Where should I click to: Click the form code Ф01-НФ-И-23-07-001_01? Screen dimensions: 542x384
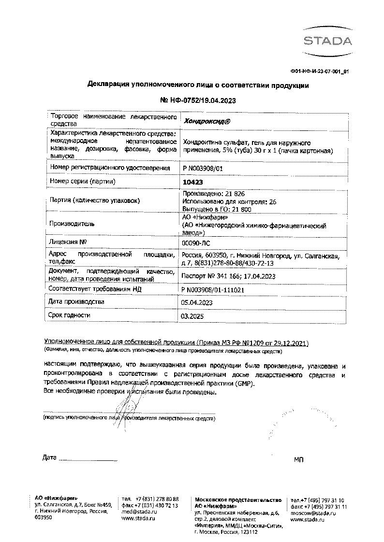click(319, 71)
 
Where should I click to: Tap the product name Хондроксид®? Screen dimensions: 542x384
click(205, 121)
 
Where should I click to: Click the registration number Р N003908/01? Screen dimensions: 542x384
click(202, 168)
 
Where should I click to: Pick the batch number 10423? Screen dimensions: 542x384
click(193, 182)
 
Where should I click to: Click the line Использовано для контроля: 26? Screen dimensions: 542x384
click(228, 201)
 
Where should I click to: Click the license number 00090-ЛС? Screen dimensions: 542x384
click(196, 242)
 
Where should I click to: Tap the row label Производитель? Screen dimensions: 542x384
click(72, 224)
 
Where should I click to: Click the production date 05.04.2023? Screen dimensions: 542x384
click(196, 302)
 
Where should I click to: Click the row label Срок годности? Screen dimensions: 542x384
click(70, 315)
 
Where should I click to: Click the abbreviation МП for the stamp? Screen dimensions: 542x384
click(299, 459)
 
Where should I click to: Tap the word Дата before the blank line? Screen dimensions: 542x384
click(49, 457)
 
